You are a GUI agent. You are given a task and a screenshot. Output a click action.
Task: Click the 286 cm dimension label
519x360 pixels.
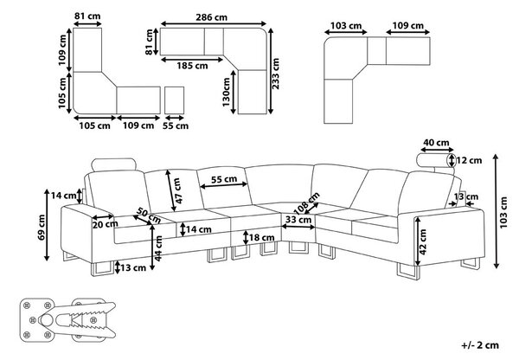pos(212,17)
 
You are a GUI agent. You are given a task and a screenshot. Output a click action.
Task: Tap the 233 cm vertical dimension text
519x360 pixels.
pos(275,74)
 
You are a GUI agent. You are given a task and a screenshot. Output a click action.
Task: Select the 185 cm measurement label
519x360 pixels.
pos(192,66)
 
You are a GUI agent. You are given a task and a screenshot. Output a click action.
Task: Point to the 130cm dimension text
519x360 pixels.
pos(226,92)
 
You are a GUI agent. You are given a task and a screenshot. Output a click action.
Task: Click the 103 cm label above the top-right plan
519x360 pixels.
pos(346,25)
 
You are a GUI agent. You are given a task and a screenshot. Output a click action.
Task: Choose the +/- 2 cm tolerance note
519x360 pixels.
pos(480,345)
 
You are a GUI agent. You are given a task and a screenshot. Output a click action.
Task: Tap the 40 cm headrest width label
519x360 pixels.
pos(436,143)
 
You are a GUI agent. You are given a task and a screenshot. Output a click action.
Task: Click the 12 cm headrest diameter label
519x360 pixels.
pos(469,161)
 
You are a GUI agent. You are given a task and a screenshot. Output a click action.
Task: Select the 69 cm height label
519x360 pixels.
pos(42,228)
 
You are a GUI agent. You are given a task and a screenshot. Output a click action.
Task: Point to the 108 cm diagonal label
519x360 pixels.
pos(306,202)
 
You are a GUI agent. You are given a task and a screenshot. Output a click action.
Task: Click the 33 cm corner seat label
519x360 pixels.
pos(298,220)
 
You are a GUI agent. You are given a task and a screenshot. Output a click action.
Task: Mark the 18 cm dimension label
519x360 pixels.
pos(261,237)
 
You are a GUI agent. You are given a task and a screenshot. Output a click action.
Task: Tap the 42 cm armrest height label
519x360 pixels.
pos(423,241)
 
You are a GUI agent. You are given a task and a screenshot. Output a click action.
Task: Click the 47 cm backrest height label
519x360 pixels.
pos(177,191)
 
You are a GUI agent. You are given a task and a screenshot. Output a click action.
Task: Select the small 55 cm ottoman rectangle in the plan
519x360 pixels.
pos(174,100)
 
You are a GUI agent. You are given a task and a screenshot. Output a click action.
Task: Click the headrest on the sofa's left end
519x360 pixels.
pos(113,165)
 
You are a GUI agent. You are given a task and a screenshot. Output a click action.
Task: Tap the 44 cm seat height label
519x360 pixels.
pos(158,248)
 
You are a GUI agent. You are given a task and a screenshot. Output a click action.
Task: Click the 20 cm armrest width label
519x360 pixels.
pos(106,224)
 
